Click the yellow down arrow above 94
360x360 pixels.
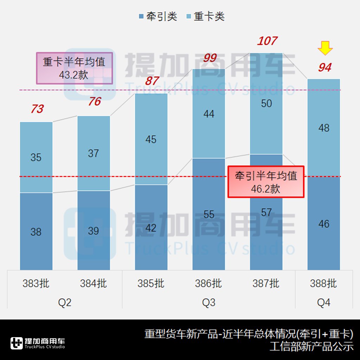point(325,48)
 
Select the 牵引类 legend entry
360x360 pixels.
point(158,17)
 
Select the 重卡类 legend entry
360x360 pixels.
point(205,17)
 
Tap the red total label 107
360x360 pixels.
point(267,41)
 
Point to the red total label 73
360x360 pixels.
point(37,109)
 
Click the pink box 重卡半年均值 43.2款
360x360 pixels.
point(74,68)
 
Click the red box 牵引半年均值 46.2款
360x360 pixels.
point(266,181)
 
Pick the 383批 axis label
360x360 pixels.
point(36,283)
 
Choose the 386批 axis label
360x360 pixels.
point(208,283)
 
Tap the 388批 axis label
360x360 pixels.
point(323,283)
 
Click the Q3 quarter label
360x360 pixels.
point(208,302)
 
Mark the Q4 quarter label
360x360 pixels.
point(323,302)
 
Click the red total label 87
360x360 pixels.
point(152,81)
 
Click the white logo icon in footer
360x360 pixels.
point(17,343)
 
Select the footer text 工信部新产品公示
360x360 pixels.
point(311,346)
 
